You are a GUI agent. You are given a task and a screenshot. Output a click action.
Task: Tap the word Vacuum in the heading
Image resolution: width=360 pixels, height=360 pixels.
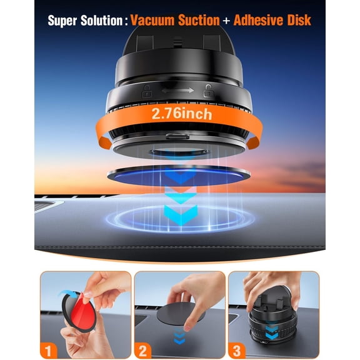tap(156, 20)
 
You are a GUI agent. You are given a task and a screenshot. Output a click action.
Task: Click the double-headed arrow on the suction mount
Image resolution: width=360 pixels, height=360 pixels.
tap(178, 91)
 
